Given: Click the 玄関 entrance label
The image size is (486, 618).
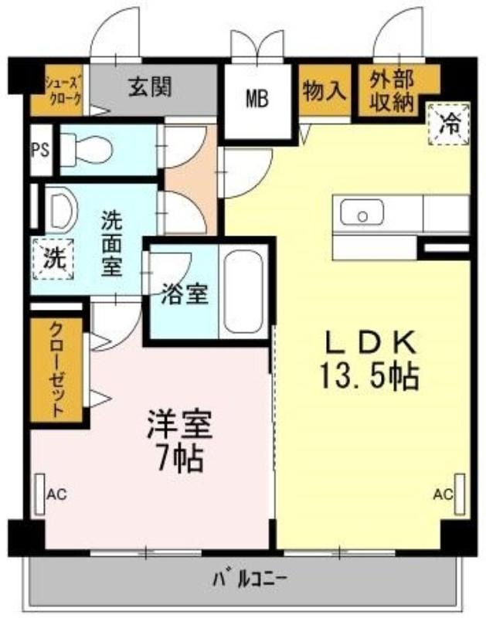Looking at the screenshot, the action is pos(150,87).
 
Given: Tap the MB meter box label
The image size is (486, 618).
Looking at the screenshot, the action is pos(257,99).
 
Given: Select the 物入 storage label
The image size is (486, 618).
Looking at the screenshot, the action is pos(325,90).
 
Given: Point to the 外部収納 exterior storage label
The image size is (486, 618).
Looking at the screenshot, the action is pos(392,91).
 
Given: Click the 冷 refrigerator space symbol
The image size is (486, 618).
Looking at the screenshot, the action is pos(450,124).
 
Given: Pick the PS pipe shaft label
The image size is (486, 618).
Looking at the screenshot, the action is pos(41,150).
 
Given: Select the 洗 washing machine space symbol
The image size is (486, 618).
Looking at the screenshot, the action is pos(53,259).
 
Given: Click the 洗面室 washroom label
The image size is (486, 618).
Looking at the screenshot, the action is pos(112,243).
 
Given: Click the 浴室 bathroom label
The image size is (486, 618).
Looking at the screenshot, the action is pos(185,294).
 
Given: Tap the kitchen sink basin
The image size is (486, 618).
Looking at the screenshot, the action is pos(362,212).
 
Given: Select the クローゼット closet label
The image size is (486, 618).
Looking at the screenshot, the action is pos(56,369).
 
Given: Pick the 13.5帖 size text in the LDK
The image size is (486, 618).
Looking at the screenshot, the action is pos(369,377).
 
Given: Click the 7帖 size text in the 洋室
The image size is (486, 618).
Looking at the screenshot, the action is pos(181,458).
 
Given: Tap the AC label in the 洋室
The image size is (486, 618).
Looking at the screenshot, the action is pos(56,494).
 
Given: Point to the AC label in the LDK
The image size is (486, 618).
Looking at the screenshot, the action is pos(443,494).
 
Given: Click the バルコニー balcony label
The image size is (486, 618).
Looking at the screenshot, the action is pos(250,579).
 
